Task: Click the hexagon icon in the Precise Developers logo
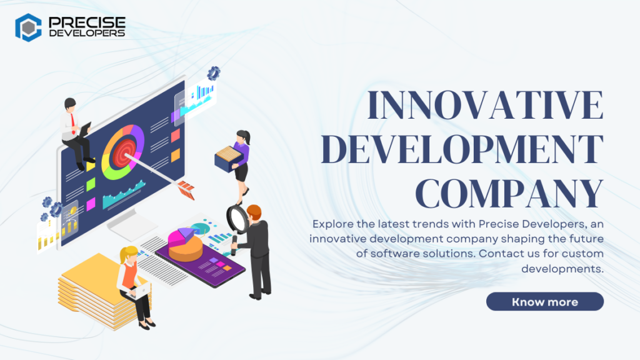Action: [28, 27]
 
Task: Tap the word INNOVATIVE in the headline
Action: [484, 107]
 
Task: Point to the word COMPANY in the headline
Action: [509, 193]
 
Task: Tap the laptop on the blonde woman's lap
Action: [140, 291]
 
